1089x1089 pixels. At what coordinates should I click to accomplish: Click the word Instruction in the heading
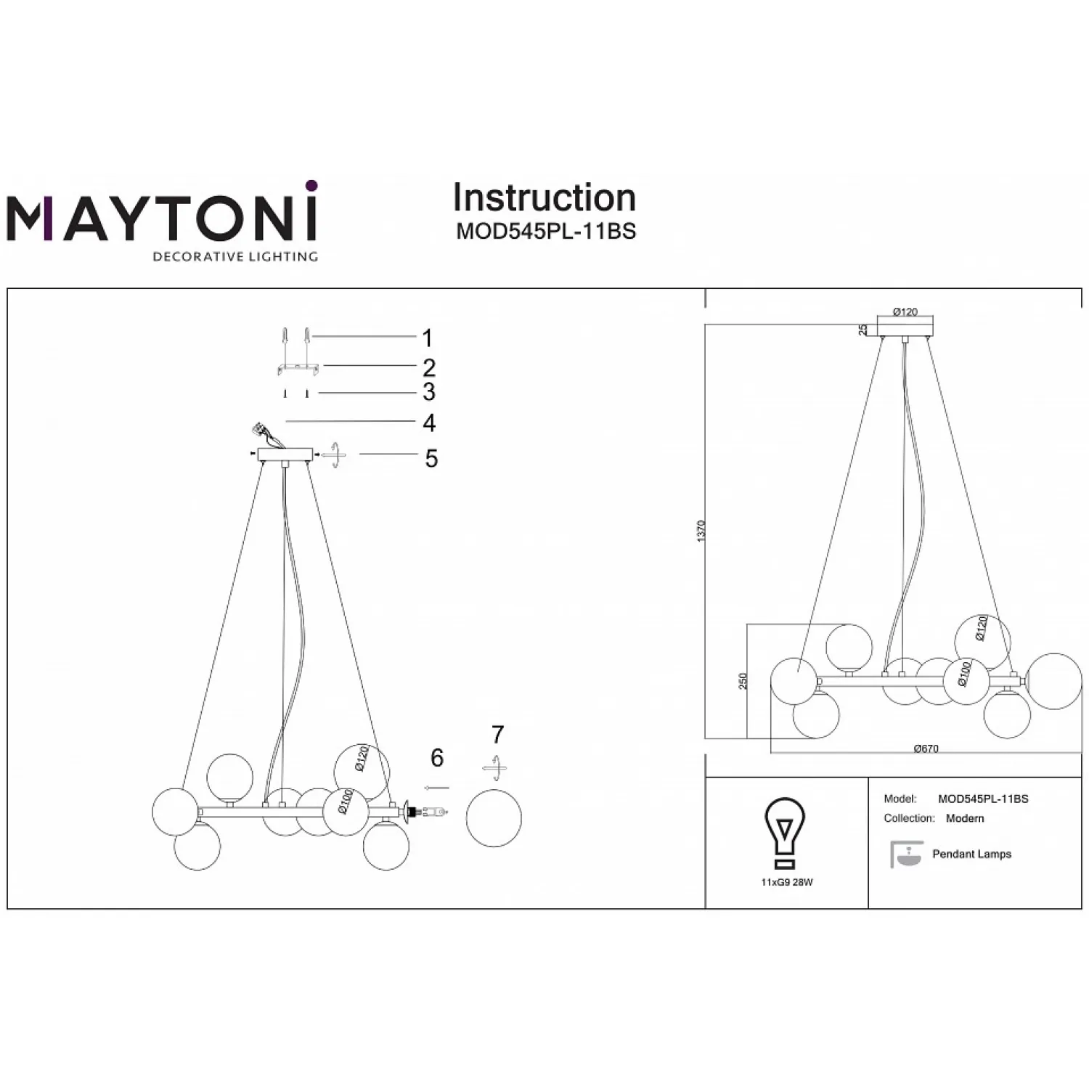[x=544, y=197]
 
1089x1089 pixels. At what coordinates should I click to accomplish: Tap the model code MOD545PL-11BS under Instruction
[x=546, y=231]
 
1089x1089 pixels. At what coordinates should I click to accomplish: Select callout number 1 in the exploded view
[x=428, y=338]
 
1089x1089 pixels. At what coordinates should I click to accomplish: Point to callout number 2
[x=429, y=367]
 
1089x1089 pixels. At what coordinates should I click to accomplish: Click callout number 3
[x=429, y=392]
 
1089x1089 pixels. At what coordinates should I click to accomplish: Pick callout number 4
[x=429, y=423]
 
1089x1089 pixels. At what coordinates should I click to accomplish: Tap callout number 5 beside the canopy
[x=431, y=459]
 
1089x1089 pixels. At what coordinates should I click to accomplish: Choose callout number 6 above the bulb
[x=437, y=758]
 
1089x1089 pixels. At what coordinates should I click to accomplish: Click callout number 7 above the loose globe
[x=497, y=735]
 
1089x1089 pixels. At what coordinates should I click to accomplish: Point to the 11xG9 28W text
[x=787, y=883]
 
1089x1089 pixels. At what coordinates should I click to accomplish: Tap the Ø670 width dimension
[x=926, y=749]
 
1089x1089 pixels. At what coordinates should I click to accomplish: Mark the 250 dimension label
[x=743, y=681]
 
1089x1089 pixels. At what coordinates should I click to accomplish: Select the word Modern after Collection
[x=965, y=818]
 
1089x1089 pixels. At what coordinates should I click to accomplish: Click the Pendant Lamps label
[x=971, y=855]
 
